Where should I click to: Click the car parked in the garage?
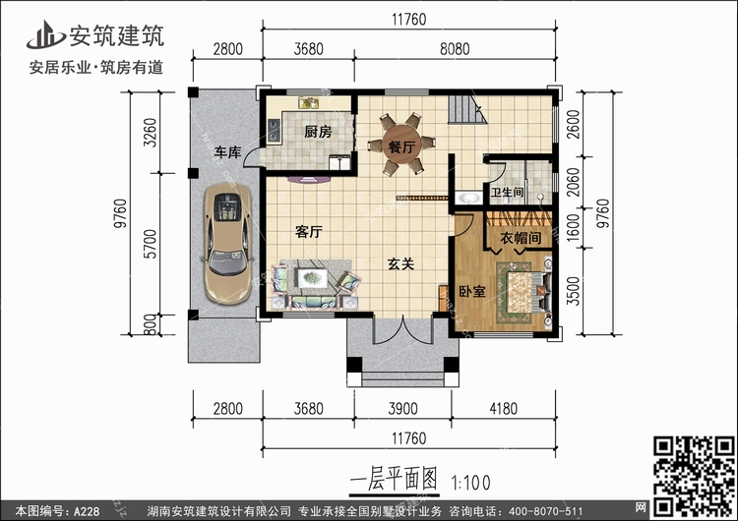[x=228, y=244]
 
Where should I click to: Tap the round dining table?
[x=401, y=144]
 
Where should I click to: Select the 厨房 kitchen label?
[x=318, y=132]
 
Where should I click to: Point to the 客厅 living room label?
[x=309, y=231]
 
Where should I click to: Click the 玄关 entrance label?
[x=400, y=263]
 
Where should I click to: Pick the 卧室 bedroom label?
[x=472, y=292]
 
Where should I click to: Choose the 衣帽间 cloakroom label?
[x=521, y=238]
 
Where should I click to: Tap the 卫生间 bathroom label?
[x=507, y=192]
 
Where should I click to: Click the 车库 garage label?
[x=228, y=152]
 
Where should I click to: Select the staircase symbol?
[x=466, y=109]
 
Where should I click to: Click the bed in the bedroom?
[x=523, y=292]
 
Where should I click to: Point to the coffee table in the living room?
[x=312, y=278]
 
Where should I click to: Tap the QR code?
[x=694, y=476]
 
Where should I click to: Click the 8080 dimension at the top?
[x=455, y=49]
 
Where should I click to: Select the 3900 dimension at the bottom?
[x=402, y=408]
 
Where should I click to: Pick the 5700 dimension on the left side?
[x=151, y=244]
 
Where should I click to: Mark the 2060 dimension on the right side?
[x=573, y=183]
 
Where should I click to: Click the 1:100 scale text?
[x=470, y=483]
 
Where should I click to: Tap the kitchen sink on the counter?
[x=309, y=102]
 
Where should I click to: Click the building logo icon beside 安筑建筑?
[x=45, y=34]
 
